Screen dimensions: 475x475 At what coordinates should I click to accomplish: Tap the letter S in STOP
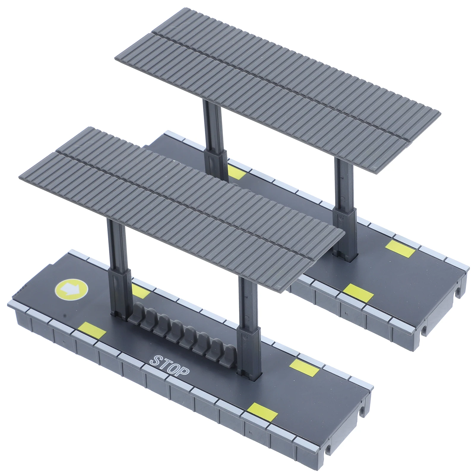(157, 360)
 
